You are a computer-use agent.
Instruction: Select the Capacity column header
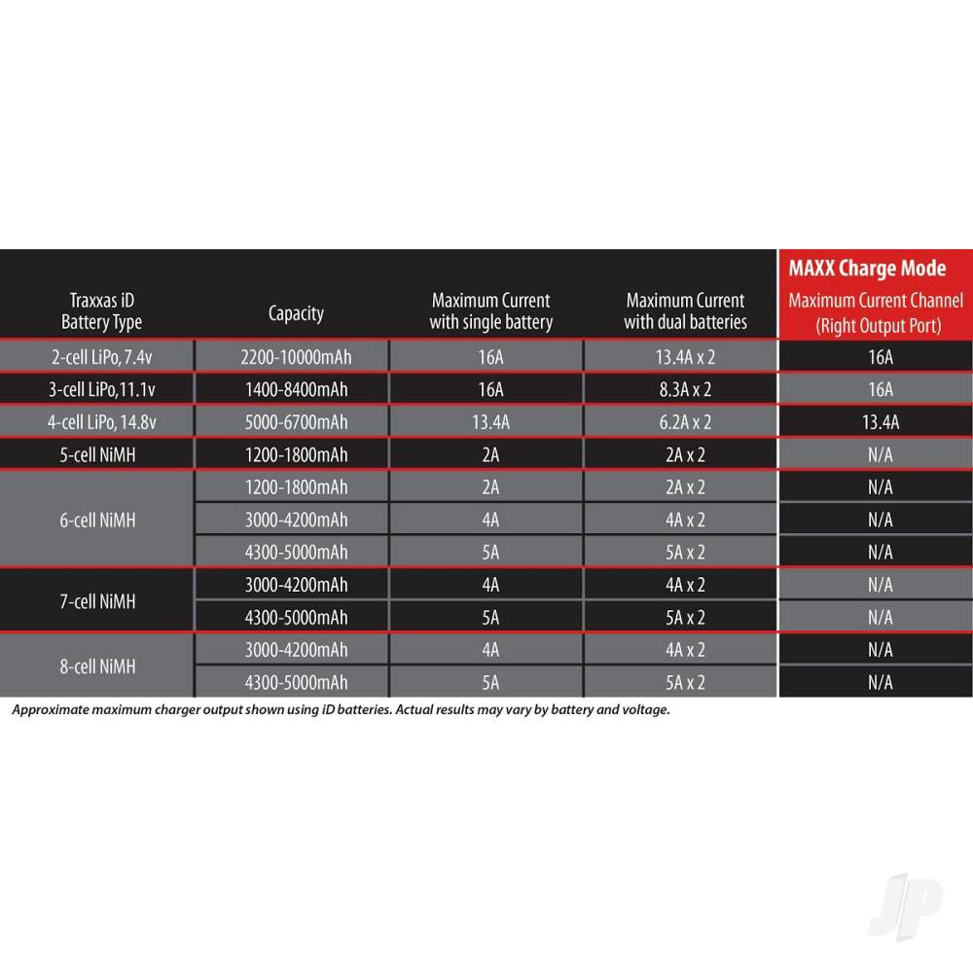click(x=296, y=312)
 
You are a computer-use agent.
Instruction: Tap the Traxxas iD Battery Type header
click(x=101, y=311)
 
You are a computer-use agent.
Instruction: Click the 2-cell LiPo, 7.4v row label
click(x=101, y=357)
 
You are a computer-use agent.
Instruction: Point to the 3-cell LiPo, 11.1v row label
click(x=101, y=390)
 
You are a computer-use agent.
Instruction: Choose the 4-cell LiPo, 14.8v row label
click(x=101, y=422)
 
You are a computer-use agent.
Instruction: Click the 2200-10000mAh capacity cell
click(x=296, y=357)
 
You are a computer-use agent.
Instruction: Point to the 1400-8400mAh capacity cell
click(x=296, y=390)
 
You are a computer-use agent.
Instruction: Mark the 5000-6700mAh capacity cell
click(x=296, y=422)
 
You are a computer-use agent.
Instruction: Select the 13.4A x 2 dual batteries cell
click(x=685, y=357)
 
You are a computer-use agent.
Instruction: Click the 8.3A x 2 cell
click(x=685, y=390)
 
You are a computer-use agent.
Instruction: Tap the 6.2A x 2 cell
click(x=685, y=422)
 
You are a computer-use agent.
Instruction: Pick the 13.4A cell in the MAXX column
click(x=880, y=422)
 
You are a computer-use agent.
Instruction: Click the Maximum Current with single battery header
click(x=490, y=311)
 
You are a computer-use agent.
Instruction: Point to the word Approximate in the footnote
click(x=51, y=709)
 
